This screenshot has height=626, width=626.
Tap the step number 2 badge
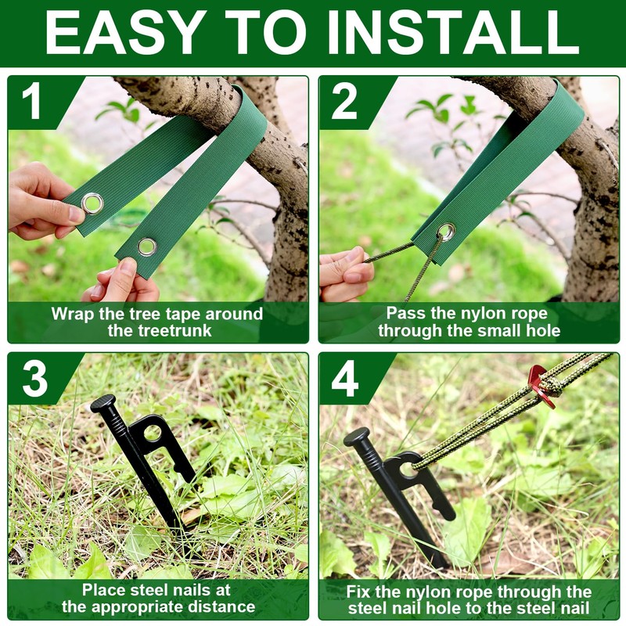[x=344, y=103]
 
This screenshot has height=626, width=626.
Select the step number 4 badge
[x=345, y=380]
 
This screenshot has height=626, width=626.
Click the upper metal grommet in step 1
[x=92, y=203]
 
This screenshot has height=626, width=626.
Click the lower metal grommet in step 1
[x=147, y=247]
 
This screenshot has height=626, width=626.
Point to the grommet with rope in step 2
[x=446, y=232]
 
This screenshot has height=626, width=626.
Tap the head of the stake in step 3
[x=103, y=404]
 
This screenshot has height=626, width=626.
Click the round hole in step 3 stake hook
[x=153, y=432]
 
